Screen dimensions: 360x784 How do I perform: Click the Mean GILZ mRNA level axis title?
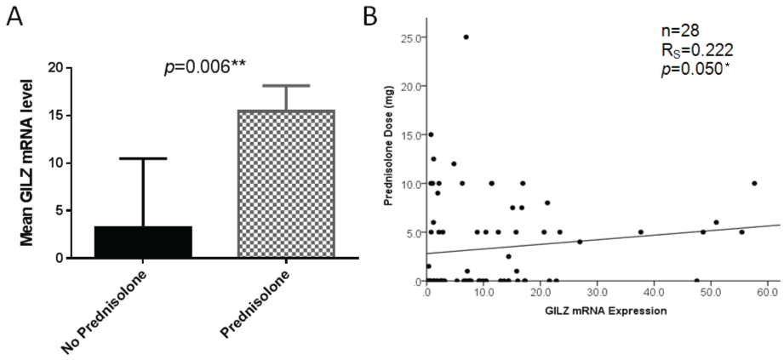point(26,162)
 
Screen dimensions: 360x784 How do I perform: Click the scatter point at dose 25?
point(466,37)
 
